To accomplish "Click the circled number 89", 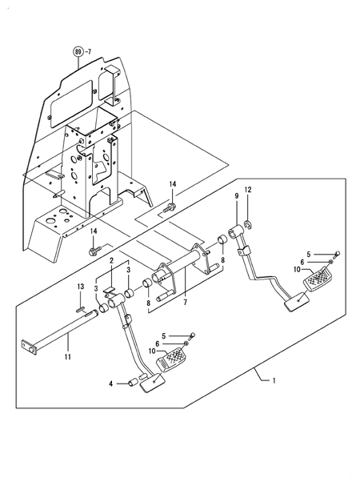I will pos(78,52).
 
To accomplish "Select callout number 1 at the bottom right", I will pos(274,379).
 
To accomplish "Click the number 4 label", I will pos(110,384).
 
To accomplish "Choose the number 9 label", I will pos(237,196).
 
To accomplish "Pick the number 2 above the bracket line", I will pos(111,261).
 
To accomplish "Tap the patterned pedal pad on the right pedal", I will pos(321,280).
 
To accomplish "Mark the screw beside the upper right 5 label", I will pos(335,253).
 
